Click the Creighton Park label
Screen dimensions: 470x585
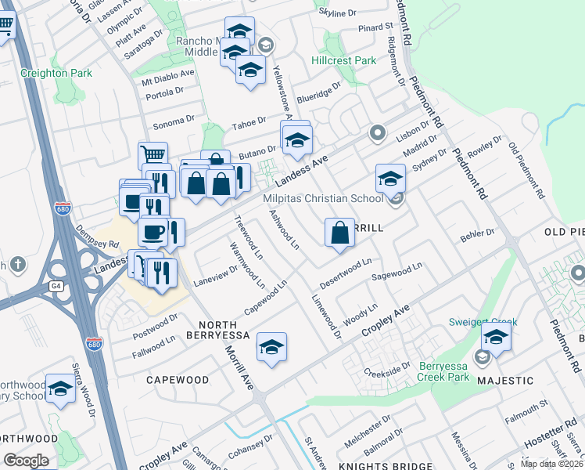tap(57, 73)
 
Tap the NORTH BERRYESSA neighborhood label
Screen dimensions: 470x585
tap(224, 329)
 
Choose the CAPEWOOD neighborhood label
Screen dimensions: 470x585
tap(178, 380)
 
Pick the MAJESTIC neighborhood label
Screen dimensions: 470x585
tap(506, 381)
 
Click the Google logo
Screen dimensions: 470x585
tap(27, 460)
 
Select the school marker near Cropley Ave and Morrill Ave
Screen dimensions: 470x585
tap(271, 347)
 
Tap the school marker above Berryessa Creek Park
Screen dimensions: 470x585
tap(495, 339)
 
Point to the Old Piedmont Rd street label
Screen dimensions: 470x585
tap(524, 169)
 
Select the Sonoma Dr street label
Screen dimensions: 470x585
tap(173, 121)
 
